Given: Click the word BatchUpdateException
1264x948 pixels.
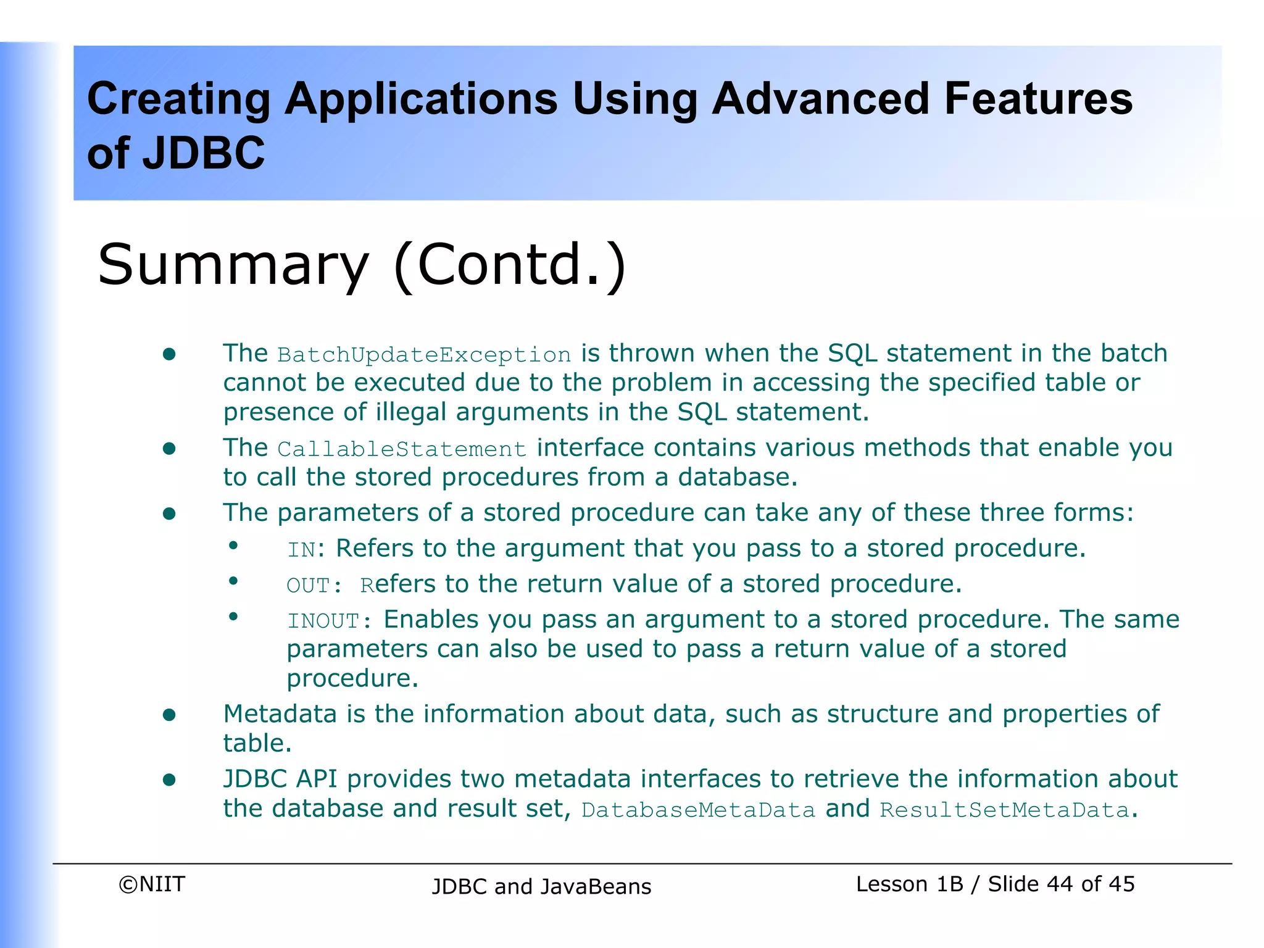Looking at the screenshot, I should (x=424, y=355).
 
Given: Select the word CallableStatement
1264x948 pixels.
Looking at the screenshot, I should (x=402, y=449).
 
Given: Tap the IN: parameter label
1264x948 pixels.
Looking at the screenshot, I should (x=306, y=549).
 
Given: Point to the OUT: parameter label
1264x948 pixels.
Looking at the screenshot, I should (x=314, y=585).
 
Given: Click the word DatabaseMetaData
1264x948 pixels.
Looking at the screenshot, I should (x=698, y=810).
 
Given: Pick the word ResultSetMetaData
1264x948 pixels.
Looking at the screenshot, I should (x=1004, y=810).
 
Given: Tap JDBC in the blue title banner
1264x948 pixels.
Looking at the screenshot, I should (x=204, y=153).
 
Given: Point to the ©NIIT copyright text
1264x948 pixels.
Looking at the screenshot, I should (x=152, y=884).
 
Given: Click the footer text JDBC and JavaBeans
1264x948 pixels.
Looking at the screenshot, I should (x=541, y=886).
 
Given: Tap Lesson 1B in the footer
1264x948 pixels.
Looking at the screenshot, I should (x=909, y=884).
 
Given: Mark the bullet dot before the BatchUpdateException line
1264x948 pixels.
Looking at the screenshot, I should (x=169, y=354).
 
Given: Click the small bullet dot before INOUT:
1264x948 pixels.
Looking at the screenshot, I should (x=233, y=616).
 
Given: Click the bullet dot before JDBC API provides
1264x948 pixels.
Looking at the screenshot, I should (x=169, y=780).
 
